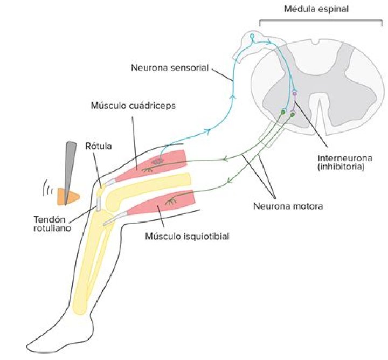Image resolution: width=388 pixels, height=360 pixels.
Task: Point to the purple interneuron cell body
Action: pos(295,94)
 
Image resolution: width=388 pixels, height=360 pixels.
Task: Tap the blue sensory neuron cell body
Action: pos(252,36)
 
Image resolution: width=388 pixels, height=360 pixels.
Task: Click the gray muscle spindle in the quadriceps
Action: pos(157,161)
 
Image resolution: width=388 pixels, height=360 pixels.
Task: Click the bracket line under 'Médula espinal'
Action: pos(321,21)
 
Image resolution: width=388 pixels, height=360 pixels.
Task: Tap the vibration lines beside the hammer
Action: pos(47,190)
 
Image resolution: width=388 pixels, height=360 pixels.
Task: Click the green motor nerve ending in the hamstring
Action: pos(172,202)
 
